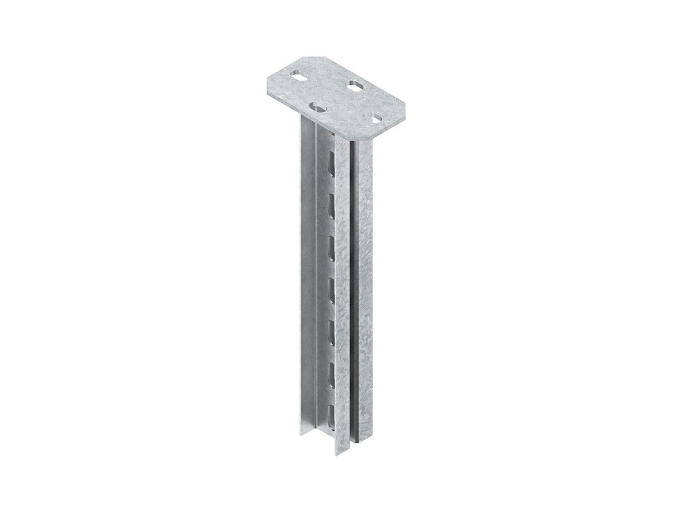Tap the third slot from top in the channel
[331, 241]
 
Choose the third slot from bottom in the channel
[331, 326]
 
